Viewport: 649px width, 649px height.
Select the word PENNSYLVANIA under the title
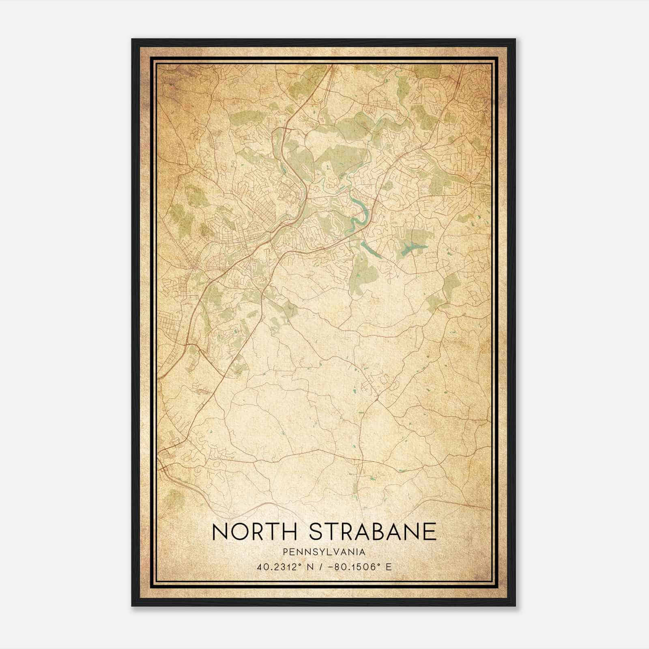(x=324, y=552)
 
